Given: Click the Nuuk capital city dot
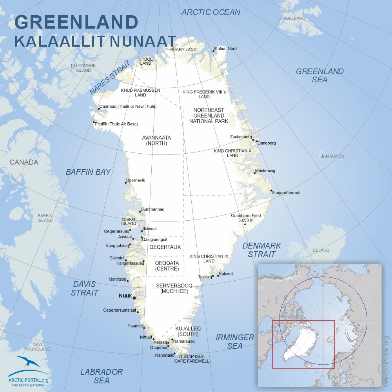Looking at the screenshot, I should [x=134, y=298].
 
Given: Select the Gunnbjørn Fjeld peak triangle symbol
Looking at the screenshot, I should [x=245, y=224].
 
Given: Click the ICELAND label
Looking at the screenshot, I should [x=320, y=250].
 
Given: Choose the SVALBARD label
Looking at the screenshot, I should [x=294, y=18].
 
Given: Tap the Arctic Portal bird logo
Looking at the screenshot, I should [x=28, y=363].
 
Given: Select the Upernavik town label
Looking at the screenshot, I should [x=136, y=180].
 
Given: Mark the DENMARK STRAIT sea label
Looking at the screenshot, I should [x=261, y=250].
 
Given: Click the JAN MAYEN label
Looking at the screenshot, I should [x=332, y=156].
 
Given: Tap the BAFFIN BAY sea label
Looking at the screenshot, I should [x=88, y=172].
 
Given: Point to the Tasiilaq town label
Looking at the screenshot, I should [x=205, y=277].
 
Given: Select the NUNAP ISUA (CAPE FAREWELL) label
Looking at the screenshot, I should [x=192, y=359].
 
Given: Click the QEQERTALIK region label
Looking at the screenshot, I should [x=165, y=247].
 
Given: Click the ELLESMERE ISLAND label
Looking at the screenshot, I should [x=81, y=68].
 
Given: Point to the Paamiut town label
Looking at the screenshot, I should [x=135, y=326].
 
